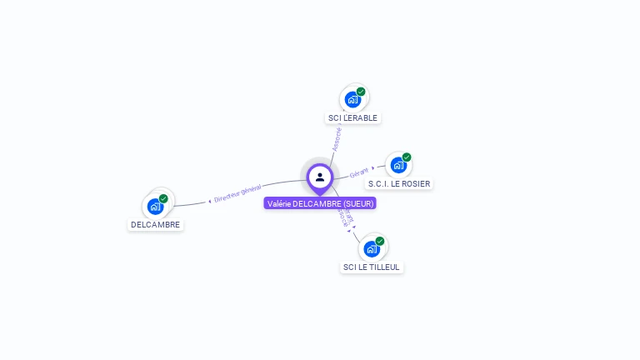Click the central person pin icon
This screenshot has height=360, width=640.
(320, 177)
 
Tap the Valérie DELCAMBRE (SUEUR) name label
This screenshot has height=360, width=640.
(320, 203)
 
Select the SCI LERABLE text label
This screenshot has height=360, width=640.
(352, 118)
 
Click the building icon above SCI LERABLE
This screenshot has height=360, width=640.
(352, 100)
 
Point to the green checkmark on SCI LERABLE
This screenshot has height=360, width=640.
(361, 92)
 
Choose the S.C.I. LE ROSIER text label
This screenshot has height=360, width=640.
(399, 184)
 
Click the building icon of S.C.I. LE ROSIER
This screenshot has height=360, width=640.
(398, 165)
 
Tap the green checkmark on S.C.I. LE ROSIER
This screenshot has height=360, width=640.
(407, 157)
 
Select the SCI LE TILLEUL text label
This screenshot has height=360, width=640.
(372, 267)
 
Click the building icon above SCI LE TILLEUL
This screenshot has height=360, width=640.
(372, 248)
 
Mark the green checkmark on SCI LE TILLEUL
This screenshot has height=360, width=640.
(380, 241)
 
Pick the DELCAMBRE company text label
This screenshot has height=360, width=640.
(155, 225)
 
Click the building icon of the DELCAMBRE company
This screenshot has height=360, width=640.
(155, 206)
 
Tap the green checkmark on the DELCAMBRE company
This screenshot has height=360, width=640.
(163, 198)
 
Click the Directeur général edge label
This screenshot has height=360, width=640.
(237, 194)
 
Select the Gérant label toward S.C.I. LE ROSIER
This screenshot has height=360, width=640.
(359, 172)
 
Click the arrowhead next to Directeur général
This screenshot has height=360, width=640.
(209, 201)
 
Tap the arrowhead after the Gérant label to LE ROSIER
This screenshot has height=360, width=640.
(373, 168)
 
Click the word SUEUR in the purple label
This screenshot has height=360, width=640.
(358, 203)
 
